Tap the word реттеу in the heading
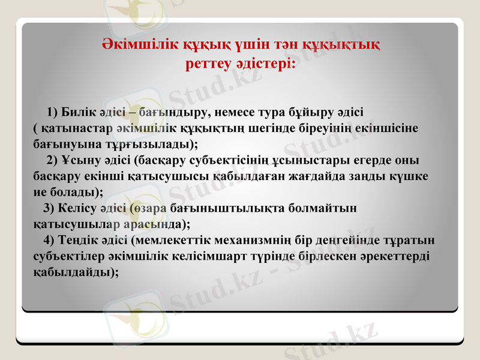pyautogui.click(x=208, y=62)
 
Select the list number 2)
pyautogui.click(x=52, y=160)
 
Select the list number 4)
pyautogui.click(x=49, y=240)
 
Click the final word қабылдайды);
pyautogui.click(x=74, y=272)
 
